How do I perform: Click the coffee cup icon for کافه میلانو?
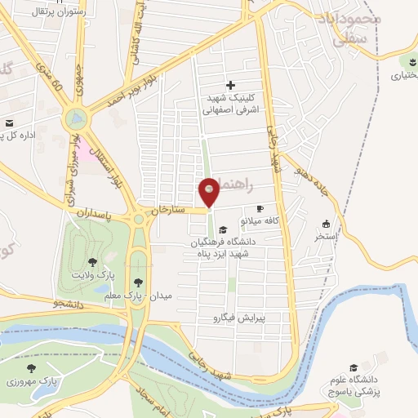pyautogui.click(x=260, y=209)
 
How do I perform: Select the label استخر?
pyautogui.click(x=327, y=236)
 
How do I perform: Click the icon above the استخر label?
pyautogui.click(x=327, y=224)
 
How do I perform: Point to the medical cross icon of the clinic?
pyautogui.click(x=231, y=84)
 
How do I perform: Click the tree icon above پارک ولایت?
pyautogui.click(x=92, y=263)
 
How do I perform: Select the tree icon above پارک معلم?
pyautogui.click(x=148, y=282)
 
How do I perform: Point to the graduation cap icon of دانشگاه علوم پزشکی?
pyautogui.click(x=354, y=367)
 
